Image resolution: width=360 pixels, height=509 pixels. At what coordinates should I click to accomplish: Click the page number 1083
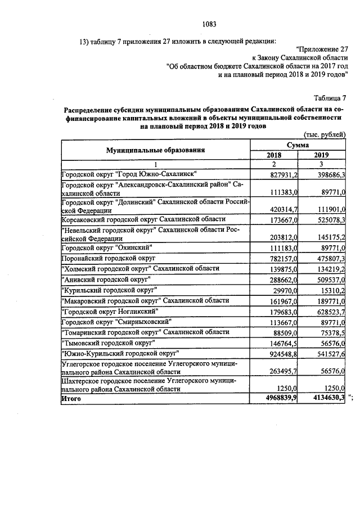click(209, 24)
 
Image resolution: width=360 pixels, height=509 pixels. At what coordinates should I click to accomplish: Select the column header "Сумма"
click(298, 145)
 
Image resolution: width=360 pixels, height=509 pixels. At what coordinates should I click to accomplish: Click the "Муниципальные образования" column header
click(156, 150)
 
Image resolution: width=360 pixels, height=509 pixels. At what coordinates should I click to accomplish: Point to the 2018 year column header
click(274, 155)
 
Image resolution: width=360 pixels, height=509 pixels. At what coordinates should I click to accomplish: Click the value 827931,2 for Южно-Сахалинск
click(282, 176)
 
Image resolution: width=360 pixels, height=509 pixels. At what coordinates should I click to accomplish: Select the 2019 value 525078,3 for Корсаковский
click(330, 219)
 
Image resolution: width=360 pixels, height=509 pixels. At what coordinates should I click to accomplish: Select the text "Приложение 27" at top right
click(326, 49)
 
